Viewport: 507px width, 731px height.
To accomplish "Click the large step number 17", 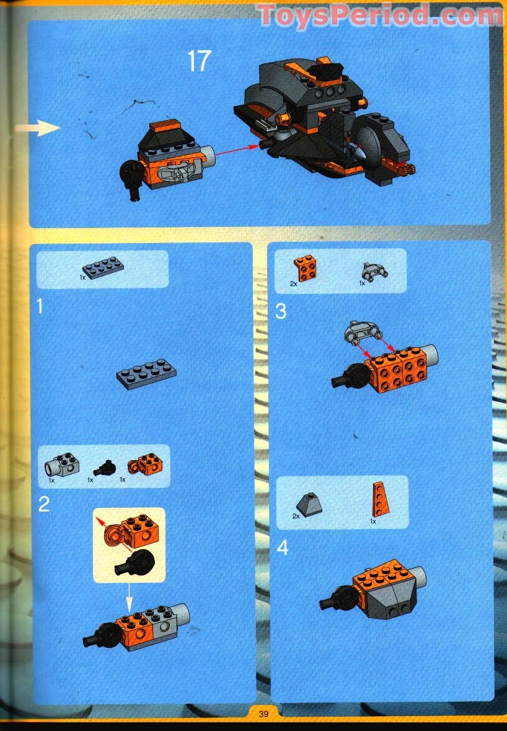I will point(199,61).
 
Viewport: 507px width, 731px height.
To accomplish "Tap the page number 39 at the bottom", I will point(263,714).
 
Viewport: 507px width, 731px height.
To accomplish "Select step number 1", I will point(40,306).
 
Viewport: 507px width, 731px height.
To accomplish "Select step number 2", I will point(43,504).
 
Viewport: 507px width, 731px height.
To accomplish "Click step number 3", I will point(281,311).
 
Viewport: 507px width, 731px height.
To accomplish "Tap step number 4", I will point(283,547).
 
